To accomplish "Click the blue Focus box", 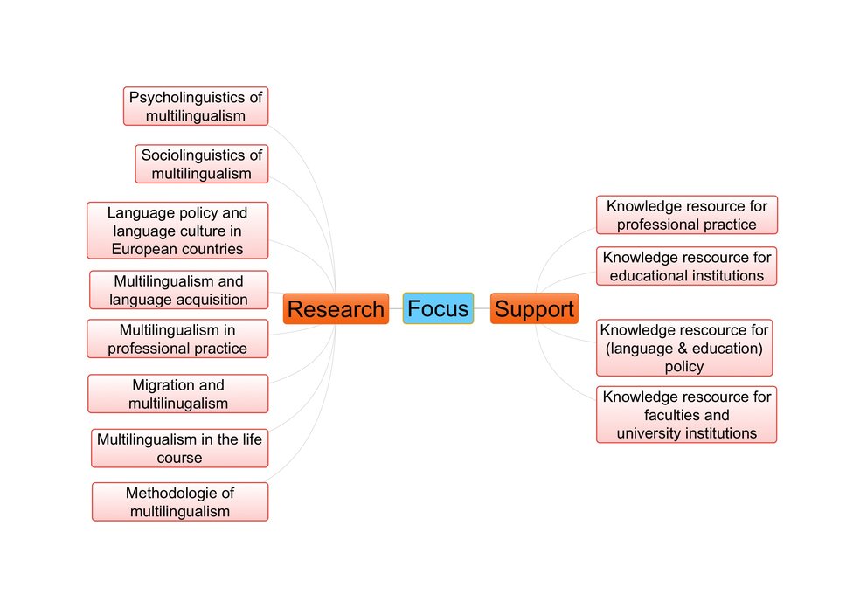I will pyautogui.click(x=438, y=308).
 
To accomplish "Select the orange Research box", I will pyautogui.click(x=336, y=309).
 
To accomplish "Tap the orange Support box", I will pyautogui.click(x=534, y=309).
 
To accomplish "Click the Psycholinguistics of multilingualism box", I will pyautogui.click(x=196, y=106).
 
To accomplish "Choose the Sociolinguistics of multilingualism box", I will pyautogui.click(x=201, y=164).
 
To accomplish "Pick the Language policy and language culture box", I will pyautogui.click(x=177, y=231).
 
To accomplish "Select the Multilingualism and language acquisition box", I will pyautogui.click(x=178, y=290).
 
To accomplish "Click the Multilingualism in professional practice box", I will pyautogui.click(x=177, y=339).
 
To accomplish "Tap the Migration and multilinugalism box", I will pyautogui.click(x=177, y=394).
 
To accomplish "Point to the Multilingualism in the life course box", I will pyautogui.click(x=179, y=448).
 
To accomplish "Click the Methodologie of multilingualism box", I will pyautogui.click(x=180, y=502).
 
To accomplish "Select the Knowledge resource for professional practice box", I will pyautogui.click(x=687, y=215).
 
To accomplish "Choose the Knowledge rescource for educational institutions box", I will pyautogui.click(x=687, y=266).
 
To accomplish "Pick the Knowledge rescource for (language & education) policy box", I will pyautogui.click(x=684, y=348).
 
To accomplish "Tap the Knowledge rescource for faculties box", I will pyautogui.click(x=687, y=415).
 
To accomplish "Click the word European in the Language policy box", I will pyautogui.click(x=140, y=249).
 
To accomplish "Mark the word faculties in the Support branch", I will pyautogui.click(x=674, y=415).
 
